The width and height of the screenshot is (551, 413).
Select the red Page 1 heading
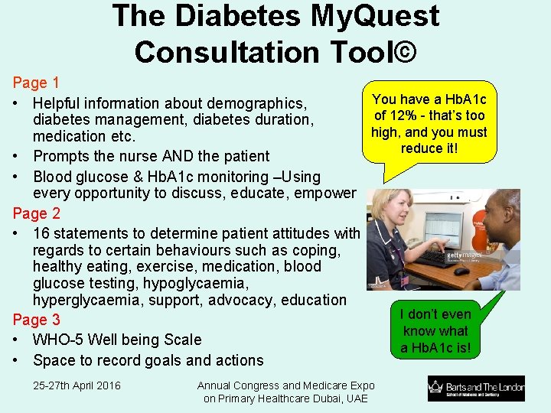point(36,83)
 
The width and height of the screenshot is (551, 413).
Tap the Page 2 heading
point(36,213)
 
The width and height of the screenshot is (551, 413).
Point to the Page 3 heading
point(36,320)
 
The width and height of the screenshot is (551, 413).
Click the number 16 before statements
point(42,233)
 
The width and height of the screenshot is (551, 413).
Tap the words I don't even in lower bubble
point(435,314)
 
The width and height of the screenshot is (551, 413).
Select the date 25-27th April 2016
point(77,385)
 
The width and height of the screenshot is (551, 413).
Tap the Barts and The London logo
point(476,389)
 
